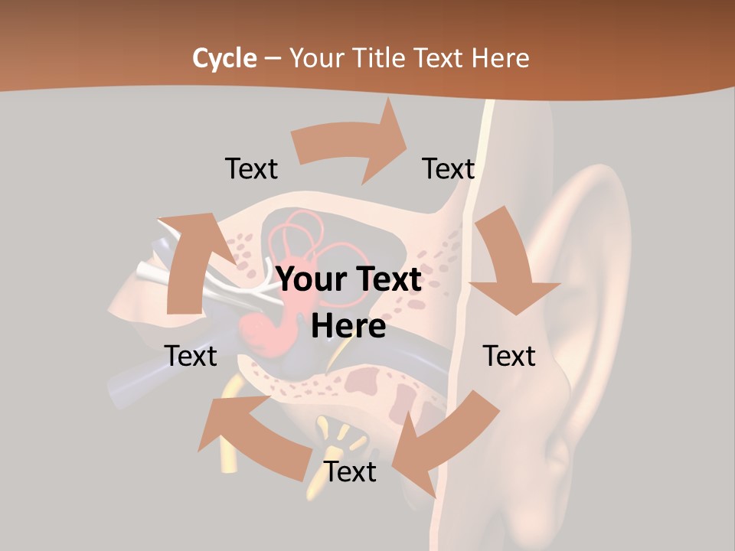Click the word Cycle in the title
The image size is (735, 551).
click(x=224, y=58)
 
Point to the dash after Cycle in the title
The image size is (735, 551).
click(x=273, y=58)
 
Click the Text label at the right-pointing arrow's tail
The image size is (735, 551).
click(x=251, y=169)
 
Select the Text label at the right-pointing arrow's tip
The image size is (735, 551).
click(x=449, y=169)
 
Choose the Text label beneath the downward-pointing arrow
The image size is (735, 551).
click(x=509, y=357)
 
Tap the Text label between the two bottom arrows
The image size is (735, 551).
click(x=350, y=472)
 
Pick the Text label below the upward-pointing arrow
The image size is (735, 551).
click(x=191, y=357)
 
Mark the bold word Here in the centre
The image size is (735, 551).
click(x=348, y=327)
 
